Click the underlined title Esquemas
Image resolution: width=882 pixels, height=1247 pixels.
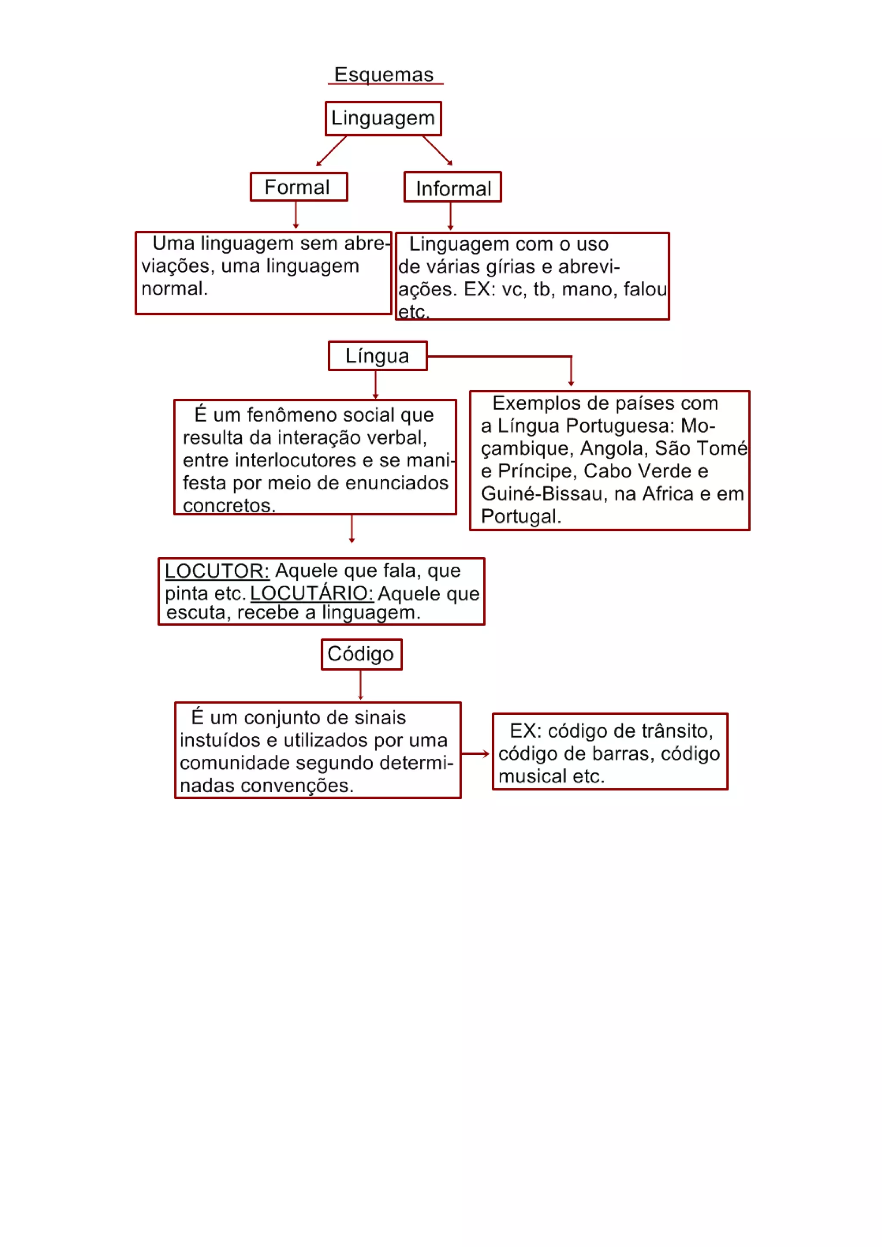tap(384, 74)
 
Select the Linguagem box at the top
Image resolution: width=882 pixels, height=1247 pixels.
tap(383, 118)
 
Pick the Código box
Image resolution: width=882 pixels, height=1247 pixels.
tap(361, 654)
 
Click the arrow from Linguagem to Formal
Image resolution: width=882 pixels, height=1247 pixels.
tap(331, 151)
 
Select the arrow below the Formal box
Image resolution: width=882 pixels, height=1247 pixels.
tap(296, 215)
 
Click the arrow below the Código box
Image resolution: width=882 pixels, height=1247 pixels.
tap(360, 685)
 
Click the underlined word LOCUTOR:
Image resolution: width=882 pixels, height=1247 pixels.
tap(217, 571)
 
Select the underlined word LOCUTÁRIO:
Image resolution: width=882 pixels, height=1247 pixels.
tap(312, 593)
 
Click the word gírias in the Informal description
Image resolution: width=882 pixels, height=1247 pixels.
tap(507, 267)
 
